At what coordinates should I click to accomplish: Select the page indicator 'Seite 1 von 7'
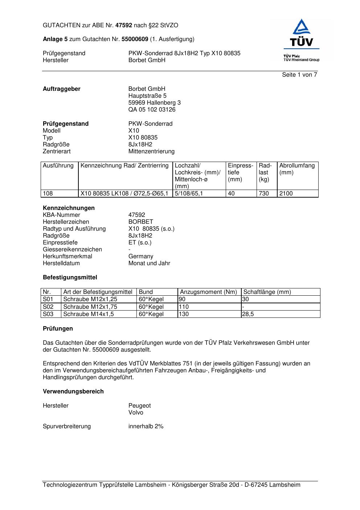point(299,75)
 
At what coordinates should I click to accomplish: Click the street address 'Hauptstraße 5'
point(147,96)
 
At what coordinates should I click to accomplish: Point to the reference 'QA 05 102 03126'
point(152,110)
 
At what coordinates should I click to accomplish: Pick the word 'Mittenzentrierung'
point(151,151)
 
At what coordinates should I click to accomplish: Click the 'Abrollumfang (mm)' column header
point(297,169)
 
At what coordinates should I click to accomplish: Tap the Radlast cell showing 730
point(264,194)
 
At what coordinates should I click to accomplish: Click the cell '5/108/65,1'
point(189,194)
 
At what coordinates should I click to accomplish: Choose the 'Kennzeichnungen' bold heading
point(69,208)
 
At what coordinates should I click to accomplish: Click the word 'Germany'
point(141,256)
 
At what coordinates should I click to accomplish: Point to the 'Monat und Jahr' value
point(149,263)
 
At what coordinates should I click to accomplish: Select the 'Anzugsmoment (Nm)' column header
point(208,292)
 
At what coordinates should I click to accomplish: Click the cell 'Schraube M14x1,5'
point(88,314)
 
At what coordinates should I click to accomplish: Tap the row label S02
point(48,307)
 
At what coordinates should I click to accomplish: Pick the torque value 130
point(184,314)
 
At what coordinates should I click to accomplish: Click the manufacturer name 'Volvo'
point(136,413)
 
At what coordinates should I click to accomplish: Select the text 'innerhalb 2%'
point(146,426)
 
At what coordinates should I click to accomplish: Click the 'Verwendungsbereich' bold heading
point(73,392)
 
